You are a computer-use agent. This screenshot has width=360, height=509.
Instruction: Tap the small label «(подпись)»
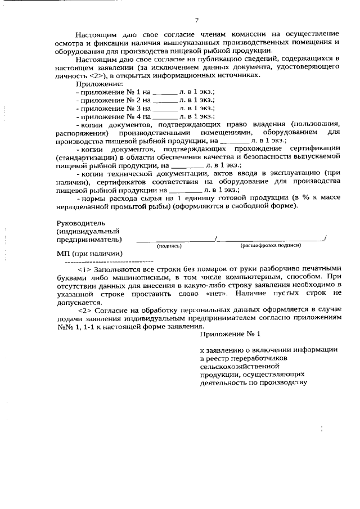(168, 246)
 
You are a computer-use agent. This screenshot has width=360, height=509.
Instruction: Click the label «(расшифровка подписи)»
(271, 246)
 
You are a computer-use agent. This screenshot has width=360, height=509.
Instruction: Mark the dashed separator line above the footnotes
(110, 262)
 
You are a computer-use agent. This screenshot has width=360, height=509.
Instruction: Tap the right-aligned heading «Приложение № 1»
(231, 335)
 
